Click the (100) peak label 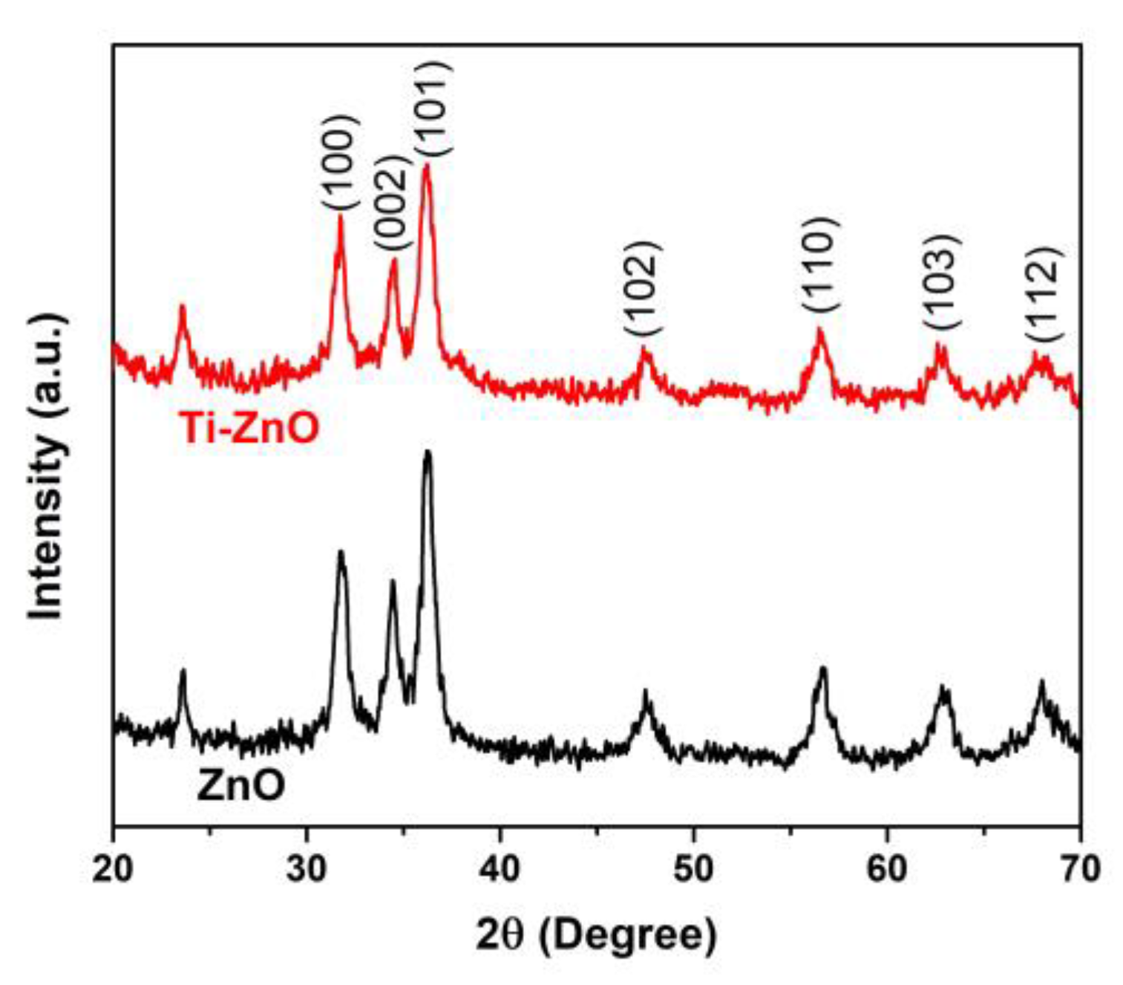click(x=341, y=162)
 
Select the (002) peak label click(x=391, y=203)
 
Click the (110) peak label click(x=820, y=264)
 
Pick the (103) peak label click(x=942, y=282)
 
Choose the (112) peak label click(x=1045, y=294)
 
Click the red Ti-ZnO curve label click(x=249, y=429)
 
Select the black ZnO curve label click(x=241, y=786)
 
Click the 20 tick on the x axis click(x=114, y=868)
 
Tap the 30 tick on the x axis click(x=307, y=868)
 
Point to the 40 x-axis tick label click(x=500, y=868)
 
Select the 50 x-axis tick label click(x=693, y=868)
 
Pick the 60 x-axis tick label click(x=887, y=868)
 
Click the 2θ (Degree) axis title click(x=596, y=935)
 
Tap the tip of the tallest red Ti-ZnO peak click(x=426, y=165)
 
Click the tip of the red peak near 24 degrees click(x=182, y=305)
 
